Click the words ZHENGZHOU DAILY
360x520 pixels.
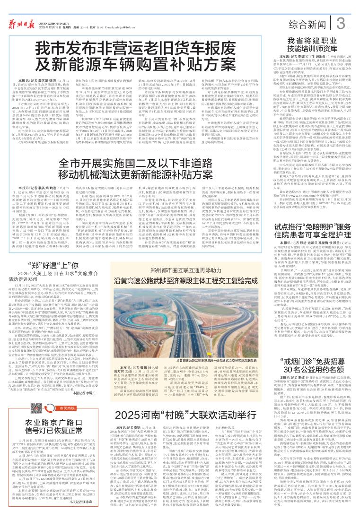pos(61,6)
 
